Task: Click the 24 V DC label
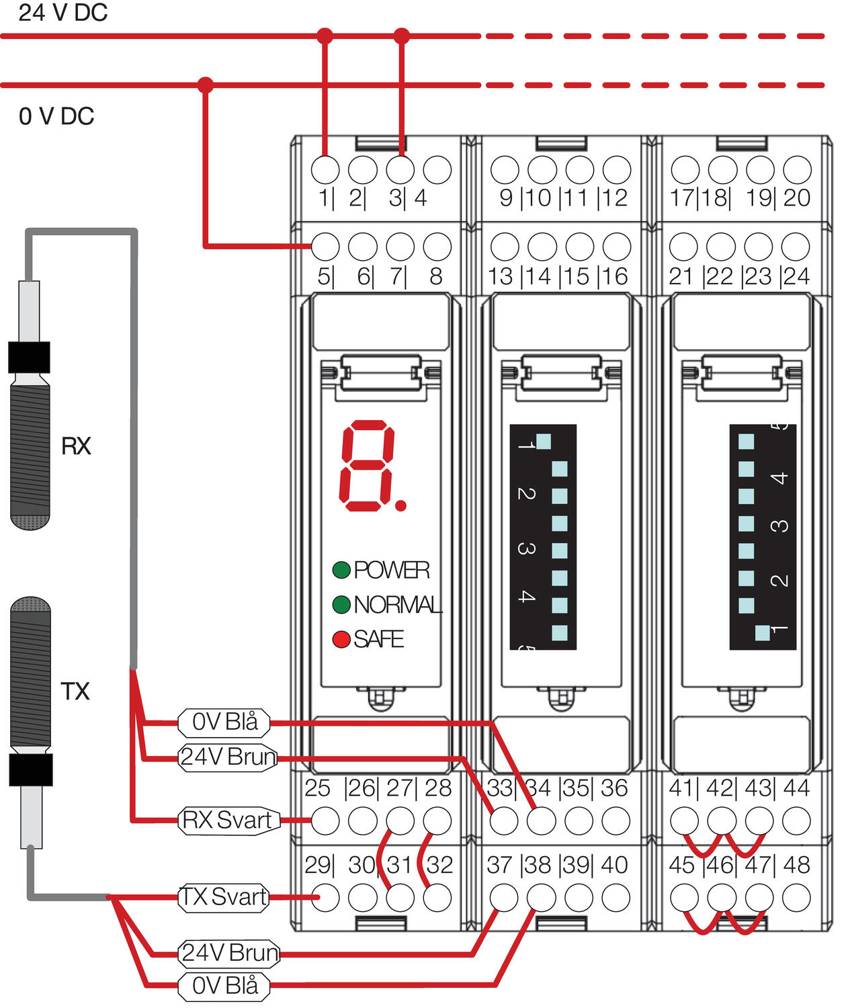point(62,13)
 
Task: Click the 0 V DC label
point(56,116)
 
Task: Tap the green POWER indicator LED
point(341,570)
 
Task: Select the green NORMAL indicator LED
point(341,605)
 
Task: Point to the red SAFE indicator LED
point(341,639)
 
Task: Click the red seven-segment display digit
point(369,466)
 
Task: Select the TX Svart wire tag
point(224,897)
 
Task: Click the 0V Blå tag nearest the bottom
point(224,986)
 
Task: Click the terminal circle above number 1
point(326,170)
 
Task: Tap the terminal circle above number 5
point(326,247)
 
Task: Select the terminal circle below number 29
point(326,897)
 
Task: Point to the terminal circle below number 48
point(797,897)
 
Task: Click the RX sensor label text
point(76,446)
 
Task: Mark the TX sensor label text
point(75,691)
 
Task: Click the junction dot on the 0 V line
point(206,85)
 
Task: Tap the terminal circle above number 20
point(797,170)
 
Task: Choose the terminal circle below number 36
point(615,821)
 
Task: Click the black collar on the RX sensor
point(29,358)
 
